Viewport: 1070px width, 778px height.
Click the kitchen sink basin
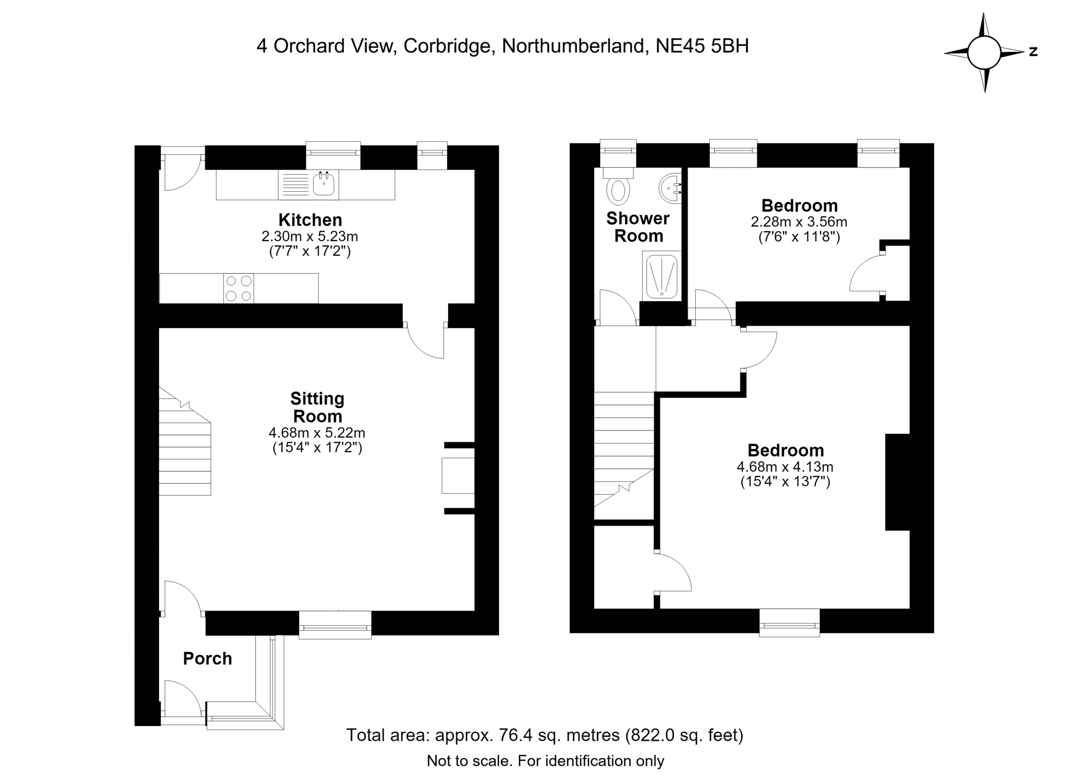(324, 184)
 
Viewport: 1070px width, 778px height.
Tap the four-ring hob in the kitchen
(239, 289)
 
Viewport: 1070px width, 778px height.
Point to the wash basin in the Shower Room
(670, 188)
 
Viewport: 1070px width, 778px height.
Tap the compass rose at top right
(984, 52)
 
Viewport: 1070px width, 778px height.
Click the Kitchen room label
(310, 220)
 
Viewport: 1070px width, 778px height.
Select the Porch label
(208, 659)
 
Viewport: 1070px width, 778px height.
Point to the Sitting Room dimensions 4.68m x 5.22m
(317, 432)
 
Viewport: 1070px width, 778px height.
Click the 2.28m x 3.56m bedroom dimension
(799, 221)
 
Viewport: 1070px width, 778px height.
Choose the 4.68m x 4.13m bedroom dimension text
(785, 467)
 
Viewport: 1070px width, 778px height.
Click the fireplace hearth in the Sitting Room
(458, 475)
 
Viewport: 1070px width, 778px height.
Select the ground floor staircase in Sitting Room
(185, 441)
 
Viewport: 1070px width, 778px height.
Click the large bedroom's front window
(789, 623)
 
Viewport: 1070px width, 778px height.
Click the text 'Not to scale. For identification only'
(545, 761)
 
